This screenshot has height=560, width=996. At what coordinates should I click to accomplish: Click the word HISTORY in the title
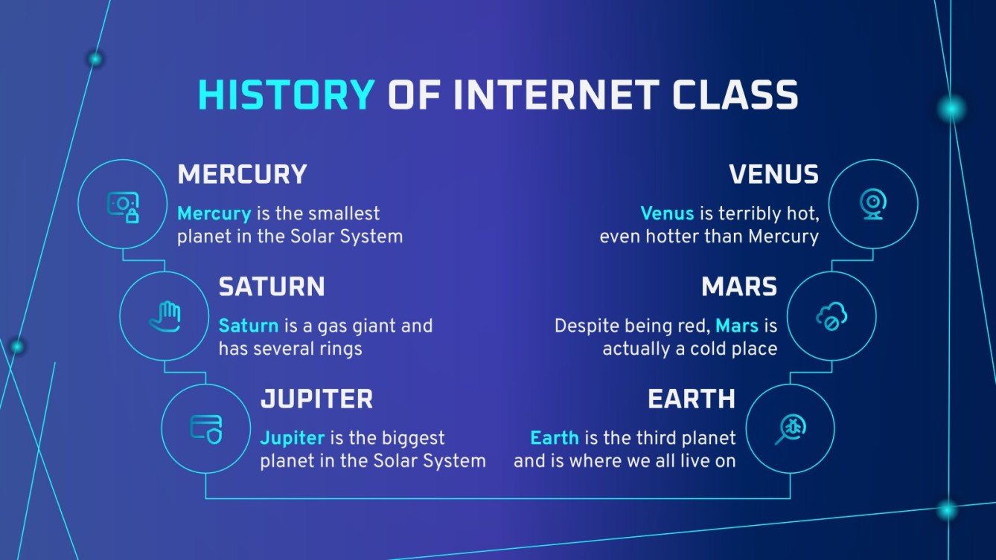pyautogui.click(x=286, y=96)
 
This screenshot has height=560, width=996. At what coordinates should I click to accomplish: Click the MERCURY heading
pyautogui.click(x=242, y=175)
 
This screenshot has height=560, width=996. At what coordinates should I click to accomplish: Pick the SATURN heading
pyautogui.click(x=271, y=287)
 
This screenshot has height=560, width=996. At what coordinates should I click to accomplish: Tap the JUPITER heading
pyautogui.click(x=316, y=399)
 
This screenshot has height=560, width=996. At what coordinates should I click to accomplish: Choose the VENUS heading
pyautogui.click(x=773, y=175)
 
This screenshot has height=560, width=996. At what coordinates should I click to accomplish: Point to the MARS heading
pyautogui.click(x=739, y=287)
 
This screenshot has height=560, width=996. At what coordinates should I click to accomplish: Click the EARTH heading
pyautogui.click(x=692, y=399)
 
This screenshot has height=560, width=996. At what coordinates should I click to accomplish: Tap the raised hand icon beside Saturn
pyautogui.click(x=165, y=316)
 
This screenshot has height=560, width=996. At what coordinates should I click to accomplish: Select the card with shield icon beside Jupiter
pyautogui.click(x=206, y=428)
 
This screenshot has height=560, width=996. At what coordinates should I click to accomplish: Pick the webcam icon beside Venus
pyautogui.click(x=872, y=204)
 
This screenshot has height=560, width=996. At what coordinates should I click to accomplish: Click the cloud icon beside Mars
pyautogui.click(x=831, y=316)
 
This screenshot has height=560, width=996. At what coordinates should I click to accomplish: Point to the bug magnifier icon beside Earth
pyautogui.click(x=790, y=428)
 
